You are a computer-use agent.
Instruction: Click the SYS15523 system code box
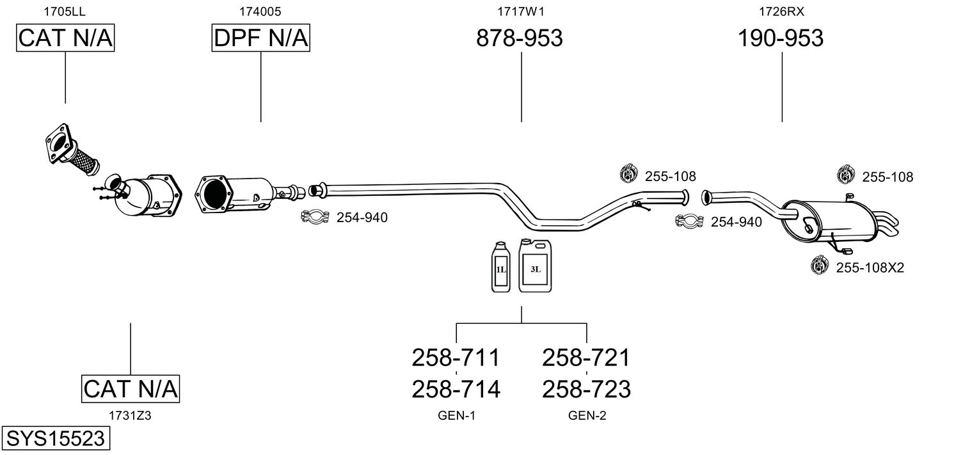(56, 438)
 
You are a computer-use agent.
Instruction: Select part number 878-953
(519, 38)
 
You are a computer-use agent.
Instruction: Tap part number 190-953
(781, 38)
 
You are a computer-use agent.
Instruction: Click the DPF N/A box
(261, 38)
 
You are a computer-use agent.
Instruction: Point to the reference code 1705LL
(65, 12)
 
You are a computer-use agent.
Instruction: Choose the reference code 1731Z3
(130, 415)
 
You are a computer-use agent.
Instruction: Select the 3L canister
(535, 266)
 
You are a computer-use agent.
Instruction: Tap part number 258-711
(456, 358)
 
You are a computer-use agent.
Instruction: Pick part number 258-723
(587, 389)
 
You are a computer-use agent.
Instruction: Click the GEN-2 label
(587, 415)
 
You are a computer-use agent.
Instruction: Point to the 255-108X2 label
(870, 267)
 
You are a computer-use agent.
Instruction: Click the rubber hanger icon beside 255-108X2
(820, 265)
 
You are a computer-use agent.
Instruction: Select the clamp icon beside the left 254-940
(315, 216)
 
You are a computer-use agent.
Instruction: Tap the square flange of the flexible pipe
(59, 143)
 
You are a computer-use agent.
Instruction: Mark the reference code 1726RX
(781, 12)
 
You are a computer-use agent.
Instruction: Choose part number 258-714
(456, 389)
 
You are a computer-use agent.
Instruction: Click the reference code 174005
(260, 12)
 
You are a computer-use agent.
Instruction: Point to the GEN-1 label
(456, 415)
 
